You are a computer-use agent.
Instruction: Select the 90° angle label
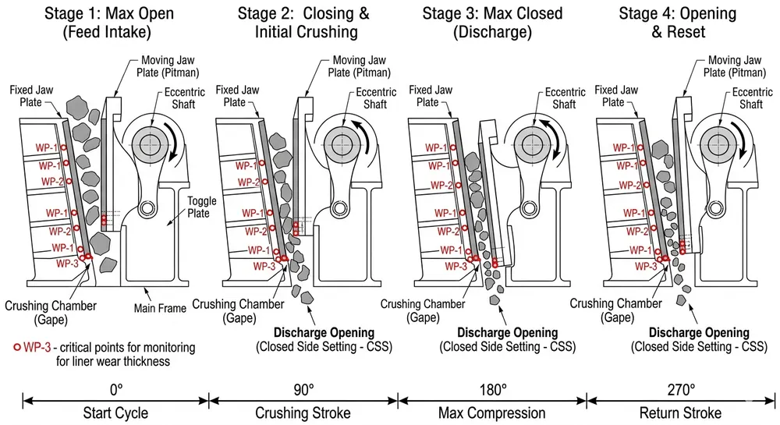pos(303,388)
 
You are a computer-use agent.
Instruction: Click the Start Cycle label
pos(115,413)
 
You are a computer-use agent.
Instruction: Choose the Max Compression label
pos(492,413)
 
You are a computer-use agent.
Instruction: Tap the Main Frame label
pos(161,308)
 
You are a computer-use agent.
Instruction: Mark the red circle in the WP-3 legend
pos(17,346)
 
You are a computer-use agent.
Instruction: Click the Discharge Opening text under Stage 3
pos(507,333)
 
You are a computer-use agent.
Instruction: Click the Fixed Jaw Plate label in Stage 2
pos(235,96)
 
